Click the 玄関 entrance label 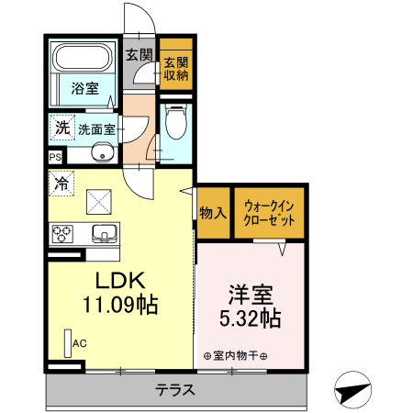[x=140, y=54]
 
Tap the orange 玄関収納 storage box [x=175, y=70]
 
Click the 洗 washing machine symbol [x=61, y=128]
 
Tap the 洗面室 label [x=96, y=129]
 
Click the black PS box [x=54, y=157]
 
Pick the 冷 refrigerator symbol [x=61, y=183]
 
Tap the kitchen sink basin [x=102, y=232]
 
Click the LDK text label [x=117, y=281]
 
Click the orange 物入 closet [x=212, y=213]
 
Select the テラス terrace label [x=174, y=389]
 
